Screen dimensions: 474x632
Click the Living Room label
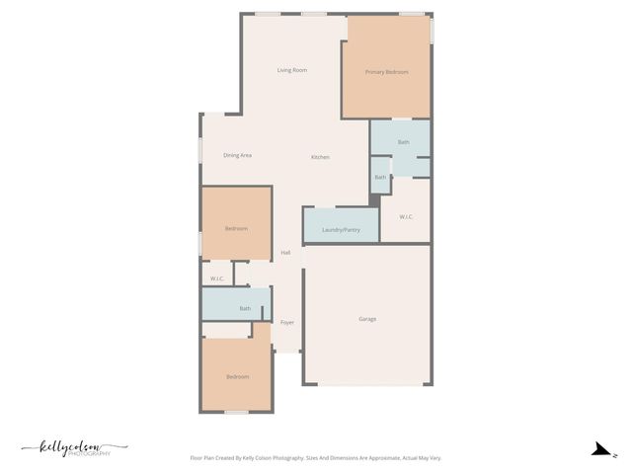pos(292,70)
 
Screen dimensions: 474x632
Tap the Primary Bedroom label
pos(386,72)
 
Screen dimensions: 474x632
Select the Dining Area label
pos(237,155)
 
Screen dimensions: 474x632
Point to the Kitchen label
pos(320,158)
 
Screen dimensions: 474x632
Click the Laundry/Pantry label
pos(341,230)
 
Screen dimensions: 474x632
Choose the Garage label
pos(366,319)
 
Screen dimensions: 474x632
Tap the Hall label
pos(285,253)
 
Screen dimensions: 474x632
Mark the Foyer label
pos(287,323)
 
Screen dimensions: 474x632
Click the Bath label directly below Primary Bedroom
pos(403,143)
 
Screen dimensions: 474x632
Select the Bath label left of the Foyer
pos(245,309)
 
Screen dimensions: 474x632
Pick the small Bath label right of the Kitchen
pos(380,178)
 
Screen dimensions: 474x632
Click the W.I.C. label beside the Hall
pos(217,278)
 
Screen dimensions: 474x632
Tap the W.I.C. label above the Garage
pos(406,216)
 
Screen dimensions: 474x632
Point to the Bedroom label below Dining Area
pos(236,229)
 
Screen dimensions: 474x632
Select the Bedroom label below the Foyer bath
pos(237,377)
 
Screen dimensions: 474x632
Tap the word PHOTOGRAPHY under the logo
pos(92,454)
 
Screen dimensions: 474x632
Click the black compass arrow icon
pos(599,449)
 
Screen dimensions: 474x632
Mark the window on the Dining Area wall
pos(201,150)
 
